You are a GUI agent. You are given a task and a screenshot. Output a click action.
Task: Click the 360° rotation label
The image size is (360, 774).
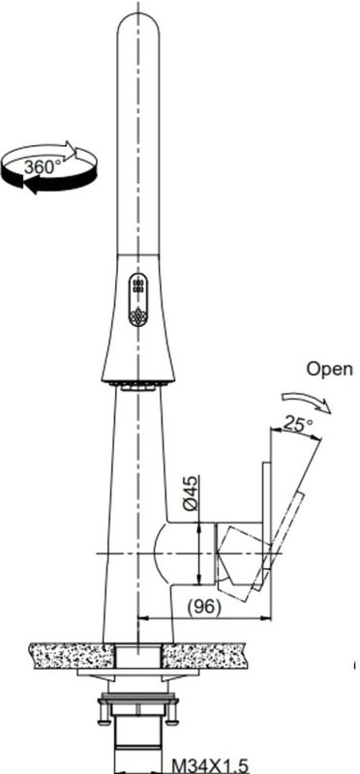(42, 165)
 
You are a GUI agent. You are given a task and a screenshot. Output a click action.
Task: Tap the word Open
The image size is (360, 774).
(330, 369)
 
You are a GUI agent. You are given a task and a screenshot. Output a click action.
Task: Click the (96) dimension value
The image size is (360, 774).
(203, 606)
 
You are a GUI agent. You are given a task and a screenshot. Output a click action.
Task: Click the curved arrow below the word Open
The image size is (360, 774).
(306, 399)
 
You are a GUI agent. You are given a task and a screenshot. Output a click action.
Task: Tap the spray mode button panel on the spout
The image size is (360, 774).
(137, 301)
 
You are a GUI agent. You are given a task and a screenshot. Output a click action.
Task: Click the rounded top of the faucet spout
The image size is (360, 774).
(138, 24)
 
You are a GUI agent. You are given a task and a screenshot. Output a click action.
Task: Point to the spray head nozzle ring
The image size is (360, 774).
(137, 384)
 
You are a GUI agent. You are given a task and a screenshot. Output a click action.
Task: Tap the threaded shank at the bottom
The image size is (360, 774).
(137, 745)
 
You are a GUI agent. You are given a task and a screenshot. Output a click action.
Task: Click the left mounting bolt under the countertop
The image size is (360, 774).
(101, 710)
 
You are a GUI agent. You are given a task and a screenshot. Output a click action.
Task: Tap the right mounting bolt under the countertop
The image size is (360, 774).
(175, 710)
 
